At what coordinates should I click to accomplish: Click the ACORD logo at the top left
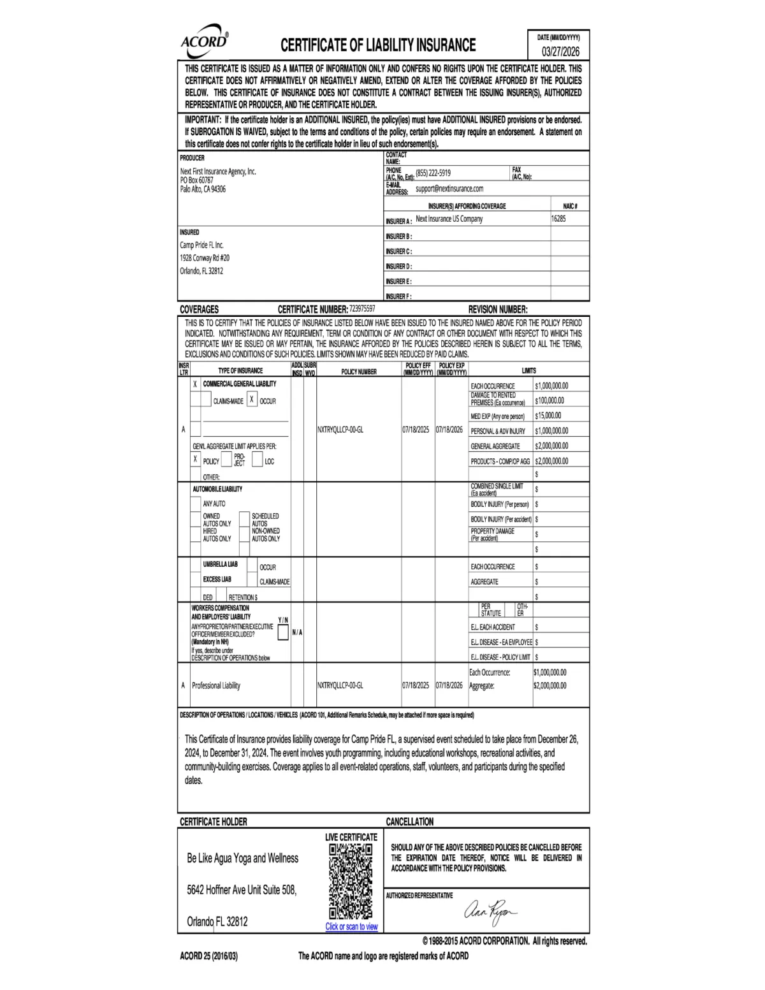click(205, 41)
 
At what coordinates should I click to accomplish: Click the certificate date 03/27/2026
click(560, 52)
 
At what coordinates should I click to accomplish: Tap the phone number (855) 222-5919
click(433, 173)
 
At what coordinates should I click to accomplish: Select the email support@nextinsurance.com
click(449, 189)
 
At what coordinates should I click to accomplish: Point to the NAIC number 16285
click(558, 219)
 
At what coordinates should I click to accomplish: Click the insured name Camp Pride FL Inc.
click(201, 245)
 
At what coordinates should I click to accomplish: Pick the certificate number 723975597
click(363, 309)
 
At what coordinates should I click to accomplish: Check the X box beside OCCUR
click(252, 400)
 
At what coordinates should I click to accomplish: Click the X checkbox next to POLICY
click(195, 460)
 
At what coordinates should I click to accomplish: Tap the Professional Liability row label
click(216, 685)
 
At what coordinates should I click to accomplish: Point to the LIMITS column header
click(528, 370)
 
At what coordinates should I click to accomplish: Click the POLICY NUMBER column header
click(359, 372)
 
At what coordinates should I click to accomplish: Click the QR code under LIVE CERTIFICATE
click(351, 881)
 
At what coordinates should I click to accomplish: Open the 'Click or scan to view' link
click(351, 927)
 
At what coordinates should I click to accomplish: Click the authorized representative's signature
click(492, 912)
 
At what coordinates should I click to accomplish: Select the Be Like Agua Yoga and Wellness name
click(242, 858)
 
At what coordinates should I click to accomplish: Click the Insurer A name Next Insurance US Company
click(449, 219)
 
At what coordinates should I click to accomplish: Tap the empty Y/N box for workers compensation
click(283, 632)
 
